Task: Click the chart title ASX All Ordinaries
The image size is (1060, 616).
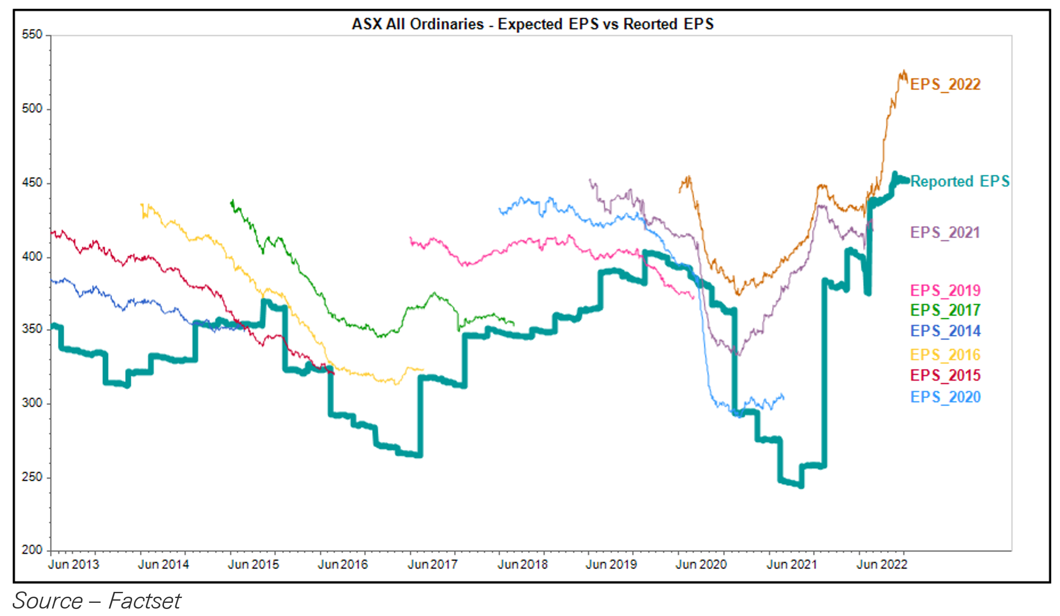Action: click(x=533, y=24)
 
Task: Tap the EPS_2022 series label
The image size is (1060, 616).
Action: click(x=945, y=84)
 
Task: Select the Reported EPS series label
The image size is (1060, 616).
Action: click(x=960, y=181)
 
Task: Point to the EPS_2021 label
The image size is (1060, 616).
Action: click(x=945, y=232)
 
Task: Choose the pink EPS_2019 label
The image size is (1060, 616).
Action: click(x=945, y=290)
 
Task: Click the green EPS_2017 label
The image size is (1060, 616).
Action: click(x=945, y=310)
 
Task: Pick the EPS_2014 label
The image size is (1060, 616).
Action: click(x=945, y=331)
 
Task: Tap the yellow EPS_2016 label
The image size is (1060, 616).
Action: click(x=945, y=355)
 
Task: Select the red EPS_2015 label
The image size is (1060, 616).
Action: click(x=945, y=375)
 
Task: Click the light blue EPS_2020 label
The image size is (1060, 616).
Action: click(x=945, y=397)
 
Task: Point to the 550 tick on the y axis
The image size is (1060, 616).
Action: click(x=32, y=34)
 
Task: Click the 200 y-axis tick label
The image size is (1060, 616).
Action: click(x=32, y=549)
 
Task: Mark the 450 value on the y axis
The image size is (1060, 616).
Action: click(x=32, y=183)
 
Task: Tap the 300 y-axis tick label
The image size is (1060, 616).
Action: click(x=32, y=402)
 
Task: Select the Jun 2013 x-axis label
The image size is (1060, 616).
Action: click(x=74, y=564)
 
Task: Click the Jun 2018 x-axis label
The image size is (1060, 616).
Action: click(x=522, y=564)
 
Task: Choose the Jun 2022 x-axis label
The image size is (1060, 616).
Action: click(x=882, y=564)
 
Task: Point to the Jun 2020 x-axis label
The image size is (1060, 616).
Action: click(x=701, y=564)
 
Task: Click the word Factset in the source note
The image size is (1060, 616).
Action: click(x=144, y=601)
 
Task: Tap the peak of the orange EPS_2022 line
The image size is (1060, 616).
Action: click(x=903, y=71)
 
